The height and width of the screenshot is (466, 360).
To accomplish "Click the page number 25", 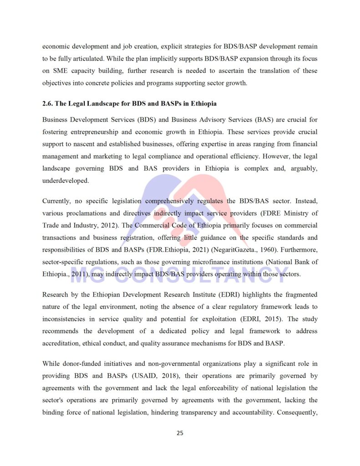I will tap(180, 433).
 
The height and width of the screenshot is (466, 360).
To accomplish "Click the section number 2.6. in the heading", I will tap(49, 104).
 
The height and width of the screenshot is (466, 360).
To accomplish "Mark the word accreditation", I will tap(61, 344).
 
